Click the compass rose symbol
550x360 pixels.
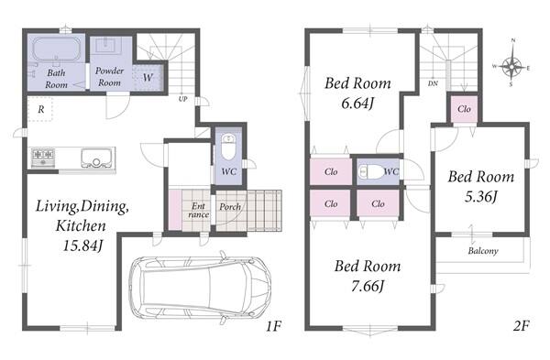[511, 65]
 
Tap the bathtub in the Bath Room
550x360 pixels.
[56, 49]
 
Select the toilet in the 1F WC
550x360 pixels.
[228, 147]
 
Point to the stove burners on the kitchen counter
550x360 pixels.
[43, 158]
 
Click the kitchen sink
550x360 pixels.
[95, 158]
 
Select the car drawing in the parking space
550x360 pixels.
[200, 288]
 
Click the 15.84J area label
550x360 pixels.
[82, 245]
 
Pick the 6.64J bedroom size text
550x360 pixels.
[357, 104]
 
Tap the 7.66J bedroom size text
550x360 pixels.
[368, 287]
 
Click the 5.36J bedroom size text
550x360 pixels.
[481, 197]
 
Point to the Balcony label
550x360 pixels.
[483, 251]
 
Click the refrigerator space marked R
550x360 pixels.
[40, 109]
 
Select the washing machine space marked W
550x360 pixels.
[148, 77]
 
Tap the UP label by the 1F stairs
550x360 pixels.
[182, 99]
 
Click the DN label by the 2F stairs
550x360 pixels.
[433, 83]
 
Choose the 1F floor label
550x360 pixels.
[273, 326]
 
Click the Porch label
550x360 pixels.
[230, 207]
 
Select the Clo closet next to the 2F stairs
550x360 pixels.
[464, 109]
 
